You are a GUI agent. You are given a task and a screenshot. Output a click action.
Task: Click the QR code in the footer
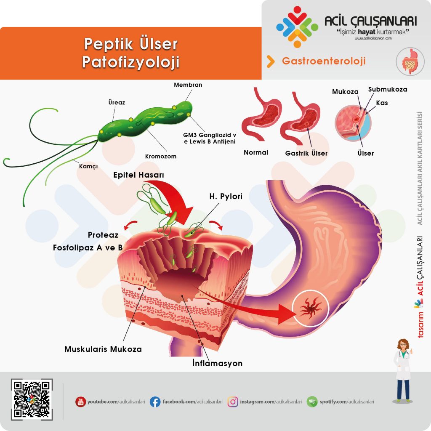click(32, 400)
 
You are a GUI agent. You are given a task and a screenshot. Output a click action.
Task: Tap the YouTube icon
click(80, 402)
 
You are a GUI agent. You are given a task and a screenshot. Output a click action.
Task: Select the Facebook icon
click(155, 402)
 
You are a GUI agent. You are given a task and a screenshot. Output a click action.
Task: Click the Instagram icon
click(233, 402)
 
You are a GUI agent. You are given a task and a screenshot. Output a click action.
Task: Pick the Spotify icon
click(312, 402)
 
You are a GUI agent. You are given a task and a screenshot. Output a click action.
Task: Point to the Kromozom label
click(160, 156)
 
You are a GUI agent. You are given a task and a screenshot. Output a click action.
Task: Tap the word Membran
click(188, 85)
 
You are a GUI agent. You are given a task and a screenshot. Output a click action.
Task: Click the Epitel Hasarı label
click(138, 175)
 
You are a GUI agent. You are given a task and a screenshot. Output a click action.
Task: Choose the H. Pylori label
click(226, 197)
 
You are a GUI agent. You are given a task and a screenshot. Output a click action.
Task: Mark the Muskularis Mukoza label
click(103, 349)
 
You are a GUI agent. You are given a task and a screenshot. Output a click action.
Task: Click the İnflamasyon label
click(215, 363)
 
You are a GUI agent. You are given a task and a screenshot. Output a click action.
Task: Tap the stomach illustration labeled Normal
click(261, 116)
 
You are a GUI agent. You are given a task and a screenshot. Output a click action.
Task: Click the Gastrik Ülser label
click(306, 153)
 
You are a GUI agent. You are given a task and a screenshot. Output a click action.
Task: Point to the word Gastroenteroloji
click(324, 61)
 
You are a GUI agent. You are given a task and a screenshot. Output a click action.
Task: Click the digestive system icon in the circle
click(410, 61)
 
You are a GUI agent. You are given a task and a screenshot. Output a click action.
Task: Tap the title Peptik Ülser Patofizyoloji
click(130, 53)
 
